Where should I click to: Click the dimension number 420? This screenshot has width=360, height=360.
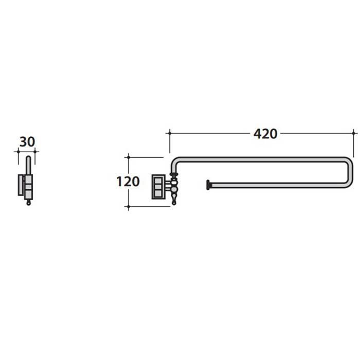[x=265, y=134]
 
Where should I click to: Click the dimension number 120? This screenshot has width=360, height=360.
[x=128, y=182]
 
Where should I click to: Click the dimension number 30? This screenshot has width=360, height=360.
[x=27, y=141]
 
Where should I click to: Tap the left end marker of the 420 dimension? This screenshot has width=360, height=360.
[x=170, y=133]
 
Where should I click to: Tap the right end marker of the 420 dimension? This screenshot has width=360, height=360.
[x=354, y=133]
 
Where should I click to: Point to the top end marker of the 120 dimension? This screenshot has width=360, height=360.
[x=129, y=157]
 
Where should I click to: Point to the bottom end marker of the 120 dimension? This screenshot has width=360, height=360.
[x=129, y=207]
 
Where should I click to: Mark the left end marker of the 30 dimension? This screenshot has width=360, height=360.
[x=19, y=152]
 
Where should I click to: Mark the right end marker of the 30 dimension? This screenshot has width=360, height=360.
[x=35, y=152]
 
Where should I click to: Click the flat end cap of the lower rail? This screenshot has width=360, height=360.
[x=208, y=185]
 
